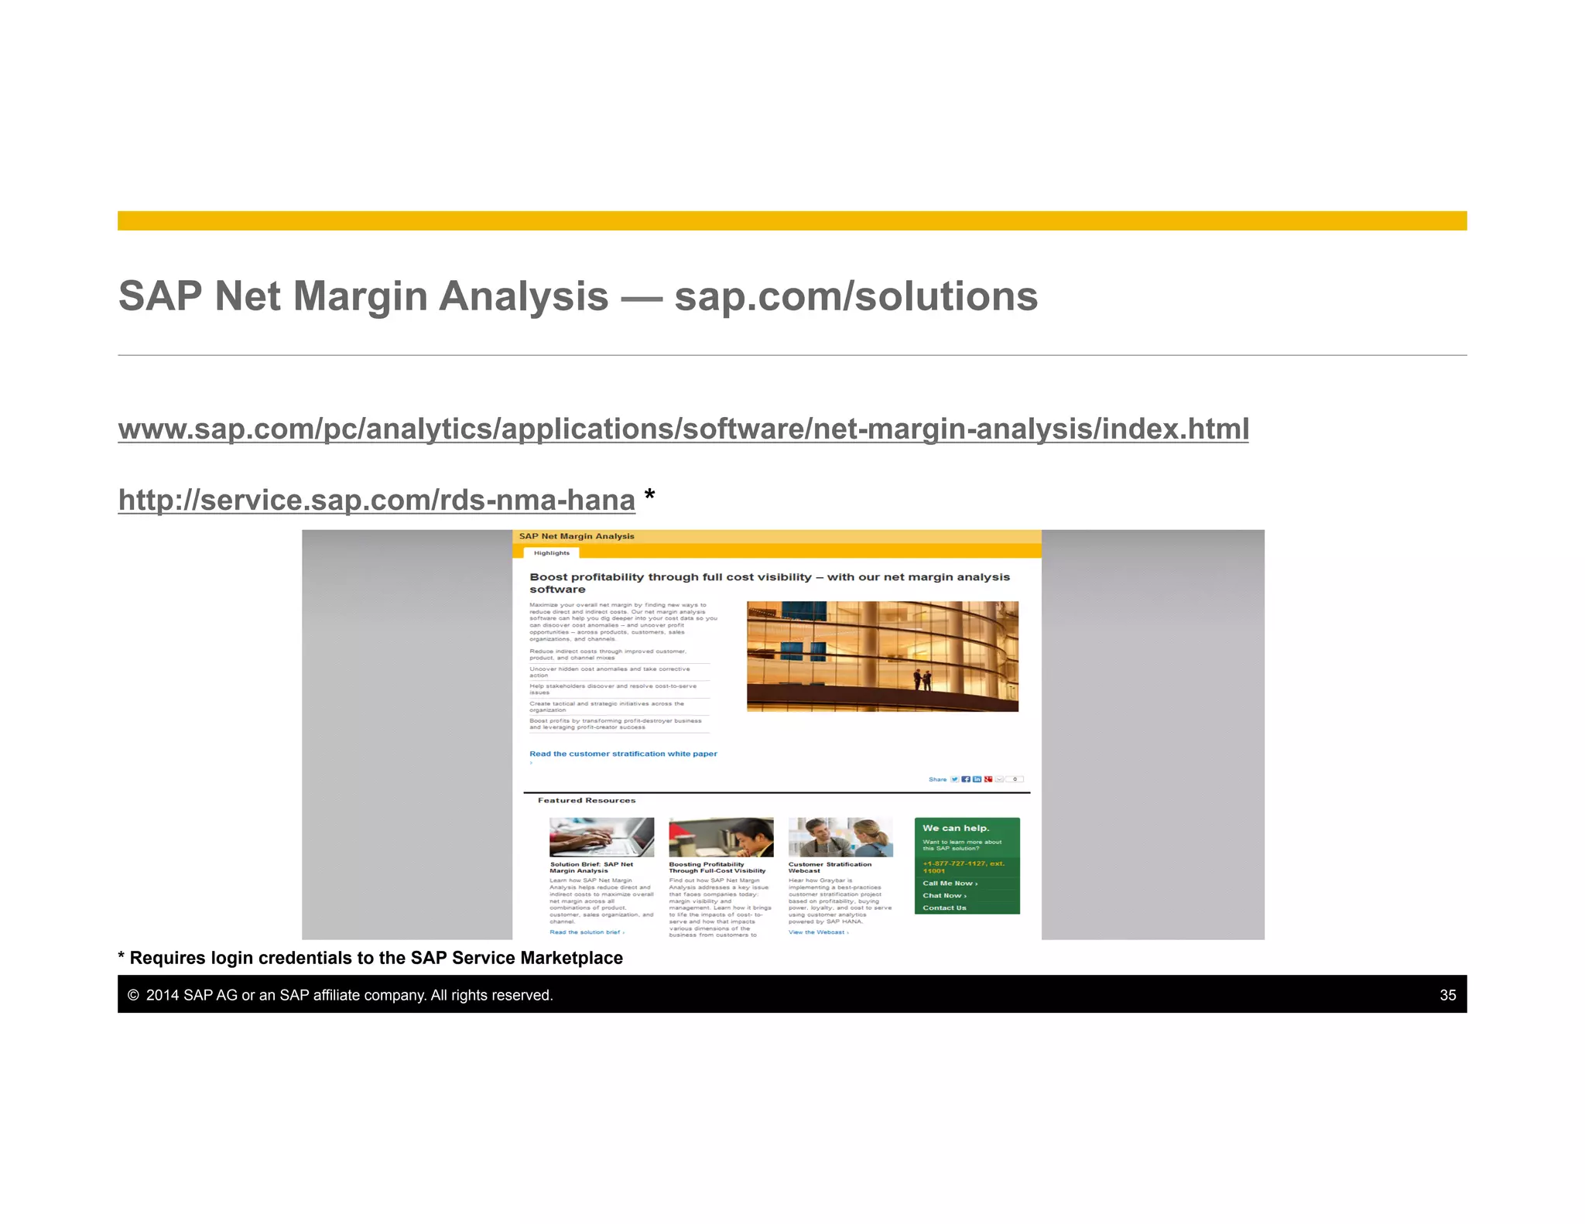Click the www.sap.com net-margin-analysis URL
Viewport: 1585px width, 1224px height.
click(683, 429)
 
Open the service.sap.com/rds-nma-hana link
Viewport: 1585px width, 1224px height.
click(376, 500)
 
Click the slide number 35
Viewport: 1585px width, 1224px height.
click(1447, 995)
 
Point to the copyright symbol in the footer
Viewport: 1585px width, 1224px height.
click(133, 995)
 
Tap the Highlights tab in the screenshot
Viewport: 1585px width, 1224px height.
click(551, 552)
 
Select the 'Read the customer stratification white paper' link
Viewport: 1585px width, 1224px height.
click(623, 754)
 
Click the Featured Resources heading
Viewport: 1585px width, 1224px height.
click(587, 800)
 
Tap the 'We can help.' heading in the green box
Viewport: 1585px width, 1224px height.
click(956, 828)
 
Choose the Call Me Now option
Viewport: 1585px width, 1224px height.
click(950, 883)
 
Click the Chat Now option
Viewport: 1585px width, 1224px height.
click(944, 895)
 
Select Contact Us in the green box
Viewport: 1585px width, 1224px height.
click(944, 908)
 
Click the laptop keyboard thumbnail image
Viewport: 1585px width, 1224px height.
click(601, 836)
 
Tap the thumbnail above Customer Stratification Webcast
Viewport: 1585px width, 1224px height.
click(840, 836)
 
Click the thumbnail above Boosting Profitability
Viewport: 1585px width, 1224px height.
click(721, 836)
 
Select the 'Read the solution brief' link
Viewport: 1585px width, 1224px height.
click(587, 932)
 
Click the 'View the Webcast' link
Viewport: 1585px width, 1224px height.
click(818, 932)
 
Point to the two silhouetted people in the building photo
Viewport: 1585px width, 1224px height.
click(922, 679)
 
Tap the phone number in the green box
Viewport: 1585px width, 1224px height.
click(964, 867)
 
